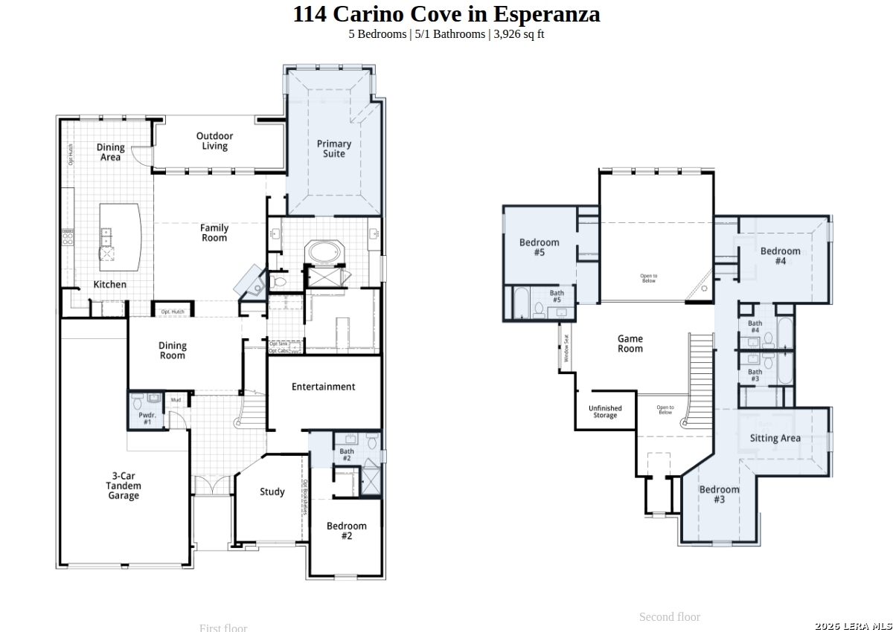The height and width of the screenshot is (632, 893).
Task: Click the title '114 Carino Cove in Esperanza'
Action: (446, 14)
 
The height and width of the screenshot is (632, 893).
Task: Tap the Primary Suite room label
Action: (333, 149)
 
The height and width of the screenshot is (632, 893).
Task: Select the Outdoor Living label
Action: (214, 141)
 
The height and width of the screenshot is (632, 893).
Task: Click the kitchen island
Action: (120, 237)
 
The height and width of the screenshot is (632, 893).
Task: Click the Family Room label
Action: (214, 233)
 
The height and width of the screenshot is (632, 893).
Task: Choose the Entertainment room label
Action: (323, 387)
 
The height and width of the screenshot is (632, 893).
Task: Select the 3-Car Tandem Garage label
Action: (124, 486)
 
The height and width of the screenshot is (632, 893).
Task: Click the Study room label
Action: (272, 491)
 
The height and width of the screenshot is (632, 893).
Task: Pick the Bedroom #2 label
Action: (346, 531)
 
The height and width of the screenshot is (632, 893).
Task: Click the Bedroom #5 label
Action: (539, 248)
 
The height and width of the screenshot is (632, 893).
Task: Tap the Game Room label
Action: (630, 344)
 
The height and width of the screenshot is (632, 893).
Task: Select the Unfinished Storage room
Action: (605, 411)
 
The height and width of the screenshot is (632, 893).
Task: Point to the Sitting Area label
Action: (775, 438)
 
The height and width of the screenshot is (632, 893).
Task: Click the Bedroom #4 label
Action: (780, 256)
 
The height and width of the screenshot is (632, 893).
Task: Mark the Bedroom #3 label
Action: (719, 494)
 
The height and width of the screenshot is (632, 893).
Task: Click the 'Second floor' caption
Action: (669, 616)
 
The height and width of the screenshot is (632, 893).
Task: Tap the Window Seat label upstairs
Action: (566, 348)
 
